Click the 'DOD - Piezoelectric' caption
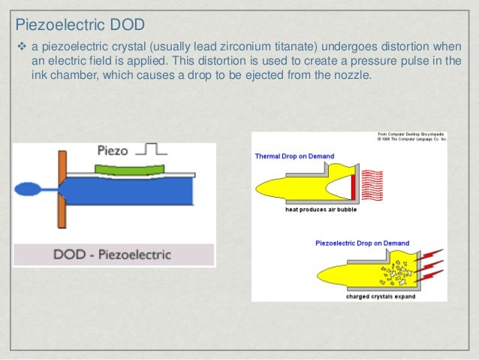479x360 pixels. [x=113, y=254]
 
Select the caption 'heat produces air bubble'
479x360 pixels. [x=321, y=210]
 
